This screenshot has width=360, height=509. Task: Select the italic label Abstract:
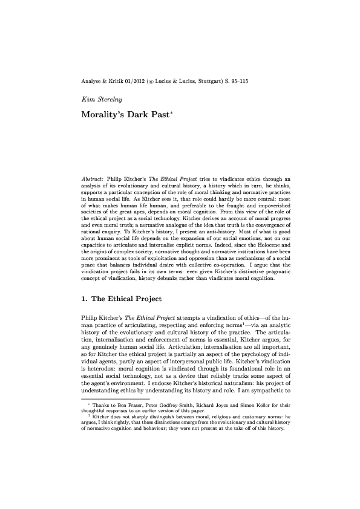coord(94,180)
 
